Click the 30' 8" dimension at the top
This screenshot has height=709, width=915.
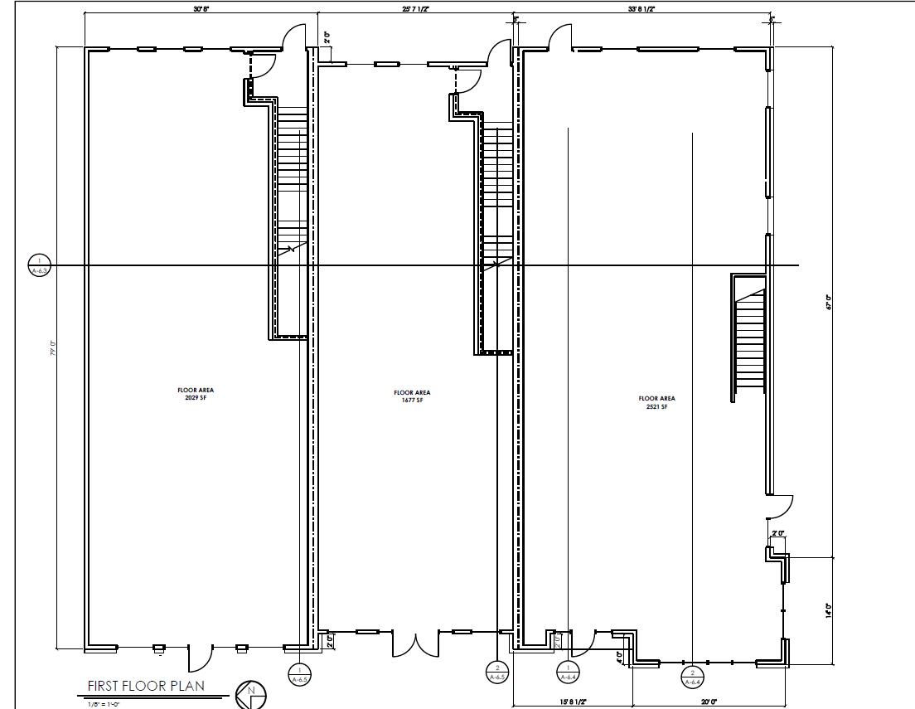[201, 8]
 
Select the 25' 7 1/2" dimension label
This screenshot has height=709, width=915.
[417, 8]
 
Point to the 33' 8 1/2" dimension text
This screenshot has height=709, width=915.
[643, 8]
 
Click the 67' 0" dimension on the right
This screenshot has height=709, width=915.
[827, 303]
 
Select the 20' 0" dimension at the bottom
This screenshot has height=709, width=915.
[709, 702]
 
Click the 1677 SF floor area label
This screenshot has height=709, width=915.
[412, 396]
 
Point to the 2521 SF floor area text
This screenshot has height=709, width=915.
[652, 402]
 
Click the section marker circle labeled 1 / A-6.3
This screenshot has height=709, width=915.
[39, 265]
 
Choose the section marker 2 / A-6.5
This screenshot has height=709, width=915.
[496, 673]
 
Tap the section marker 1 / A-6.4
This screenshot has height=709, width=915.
[569, 673]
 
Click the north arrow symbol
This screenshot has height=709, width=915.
[250, 694]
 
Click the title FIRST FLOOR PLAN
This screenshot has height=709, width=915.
[146, 686]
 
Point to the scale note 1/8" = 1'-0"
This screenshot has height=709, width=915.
[104, 705]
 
